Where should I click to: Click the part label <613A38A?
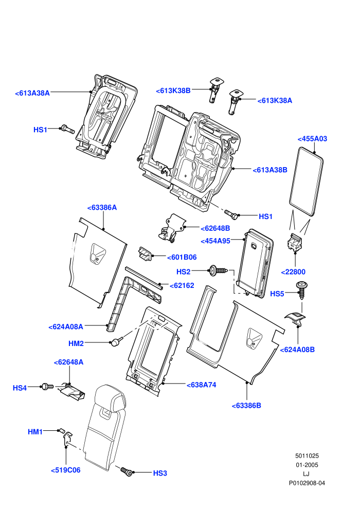[x=32, y=93]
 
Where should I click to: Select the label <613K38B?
[x=173, y=90]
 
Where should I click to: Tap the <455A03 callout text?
[x=312, y=139]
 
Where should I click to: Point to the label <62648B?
[x=215, y=228]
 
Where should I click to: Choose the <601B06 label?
[x=182, y=257]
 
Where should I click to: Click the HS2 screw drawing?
[x=218, y=270]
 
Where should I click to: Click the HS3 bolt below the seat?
[x=127, y=471]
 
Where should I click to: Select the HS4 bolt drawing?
[x=47, y=386]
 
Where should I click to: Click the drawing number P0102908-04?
[x=307, y=483]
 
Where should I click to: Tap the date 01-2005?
[x=307, y=465]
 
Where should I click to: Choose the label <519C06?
[x=66, y=470]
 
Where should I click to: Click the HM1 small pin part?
[x=61, y=431]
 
